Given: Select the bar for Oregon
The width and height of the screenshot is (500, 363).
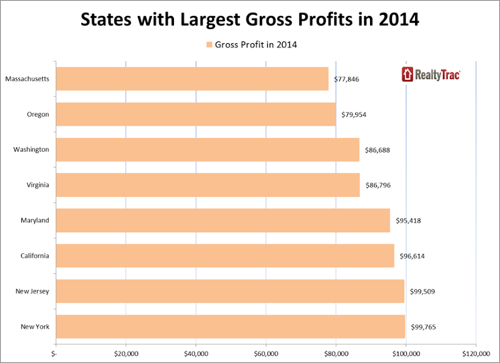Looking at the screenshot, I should (x=196, y=114).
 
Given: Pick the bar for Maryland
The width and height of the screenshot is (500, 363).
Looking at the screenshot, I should (x=223, y=221).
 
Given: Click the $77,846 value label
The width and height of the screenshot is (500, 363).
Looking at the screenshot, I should (x=347, y=79).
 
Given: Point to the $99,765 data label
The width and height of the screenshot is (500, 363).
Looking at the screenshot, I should (x=424, y=327).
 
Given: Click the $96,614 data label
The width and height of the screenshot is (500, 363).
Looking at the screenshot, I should (x=412, y=256).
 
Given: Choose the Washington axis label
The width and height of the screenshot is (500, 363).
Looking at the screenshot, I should (x=31, y=149).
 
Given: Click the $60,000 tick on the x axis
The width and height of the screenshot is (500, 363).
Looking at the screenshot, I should (x=265, y=354).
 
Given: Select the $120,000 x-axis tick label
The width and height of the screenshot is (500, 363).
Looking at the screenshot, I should (x=476, y=354).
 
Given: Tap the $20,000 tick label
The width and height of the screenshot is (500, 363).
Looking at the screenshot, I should (x=125, y=354).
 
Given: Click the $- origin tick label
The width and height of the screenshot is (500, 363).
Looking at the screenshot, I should (x=55, y=354).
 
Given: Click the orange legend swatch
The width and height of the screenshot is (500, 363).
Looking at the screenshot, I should (x=209, y=44).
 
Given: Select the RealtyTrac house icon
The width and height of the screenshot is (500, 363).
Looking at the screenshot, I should (x=407, y=74).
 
